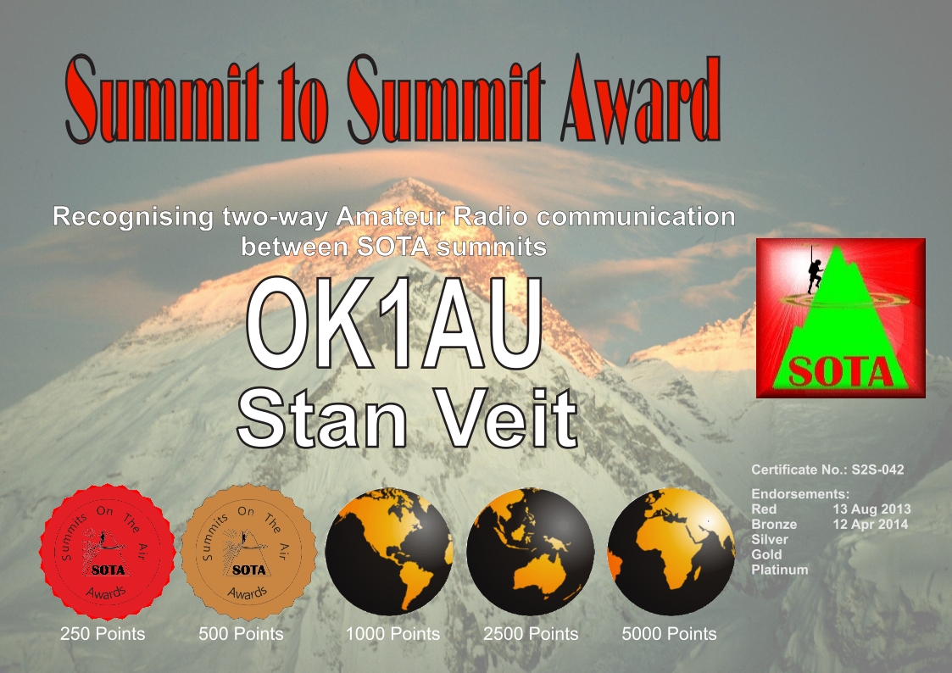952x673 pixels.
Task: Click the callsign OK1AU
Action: [x=395, y=324]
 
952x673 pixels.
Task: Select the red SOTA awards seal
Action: [x=108, y=552]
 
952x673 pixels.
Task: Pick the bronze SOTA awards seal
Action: [x=249, y=552]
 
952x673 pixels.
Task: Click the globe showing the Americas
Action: [x=389, y=551]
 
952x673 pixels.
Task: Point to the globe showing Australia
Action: [x=530, y=551]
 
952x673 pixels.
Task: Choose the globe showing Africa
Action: [x=671, y=551]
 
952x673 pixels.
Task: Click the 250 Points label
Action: [x=103, y=634]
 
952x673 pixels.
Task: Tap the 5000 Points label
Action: [x=669, y=634]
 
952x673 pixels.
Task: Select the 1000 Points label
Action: [x=392, y=634]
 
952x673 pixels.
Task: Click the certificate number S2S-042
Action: [x=878, y=470]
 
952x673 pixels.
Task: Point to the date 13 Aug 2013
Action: [x=871, y=509]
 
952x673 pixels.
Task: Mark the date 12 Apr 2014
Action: [x=871, y=525]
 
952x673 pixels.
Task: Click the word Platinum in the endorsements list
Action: [x=780, y=570]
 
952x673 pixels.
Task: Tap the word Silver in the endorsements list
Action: [x=769, y=539]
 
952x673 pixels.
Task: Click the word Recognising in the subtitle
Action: [x=133, y=218]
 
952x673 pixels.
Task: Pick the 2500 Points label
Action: [x=531, y=634]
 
